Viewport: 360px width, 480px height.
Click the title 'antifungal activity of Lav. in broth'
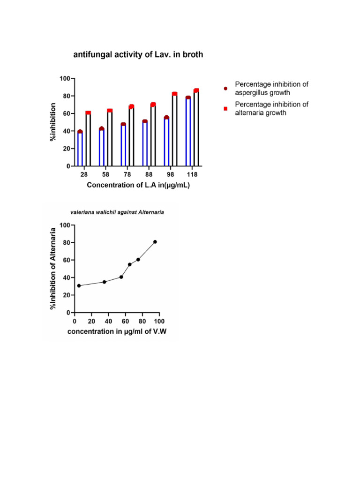click(x=138, y=55)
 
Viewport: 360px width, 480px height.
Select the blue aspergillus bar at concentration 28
click(x=80, y=149)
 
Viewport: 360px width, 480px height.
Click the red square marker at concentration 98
click(x=174, y=94)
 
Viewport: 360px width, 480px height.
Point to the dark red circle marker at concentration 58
click(x=102, y=129)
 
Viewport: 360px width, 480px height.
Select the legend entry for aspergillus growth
click(x=272, y=88)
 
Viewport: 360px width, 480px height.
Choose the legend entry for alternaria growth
click(x=272, y=108)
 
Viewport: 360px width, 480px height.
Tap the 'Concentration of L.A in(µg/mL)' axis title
click(x=138, y=185)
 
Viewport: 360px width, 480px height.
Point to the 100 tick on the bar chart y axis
click(x=65, y=78)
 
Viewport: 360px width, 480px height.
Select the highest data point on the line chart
click(x=155, y=242)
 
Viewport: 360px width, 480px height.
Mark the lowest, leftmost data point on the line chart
click(x=79, y=285)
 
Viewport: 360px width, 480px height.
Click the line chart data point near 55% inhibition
click(x=129, y=264)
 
